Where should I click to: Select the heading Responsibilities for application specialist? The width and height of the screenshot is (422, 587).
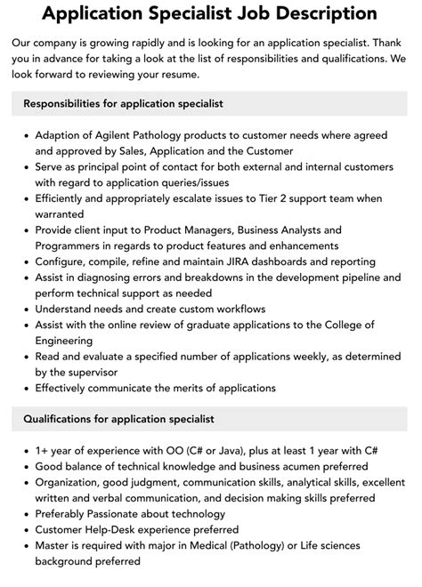(123, 103)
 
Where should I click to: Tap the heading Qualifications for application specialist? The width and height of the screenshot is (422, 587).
(118, 418)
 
